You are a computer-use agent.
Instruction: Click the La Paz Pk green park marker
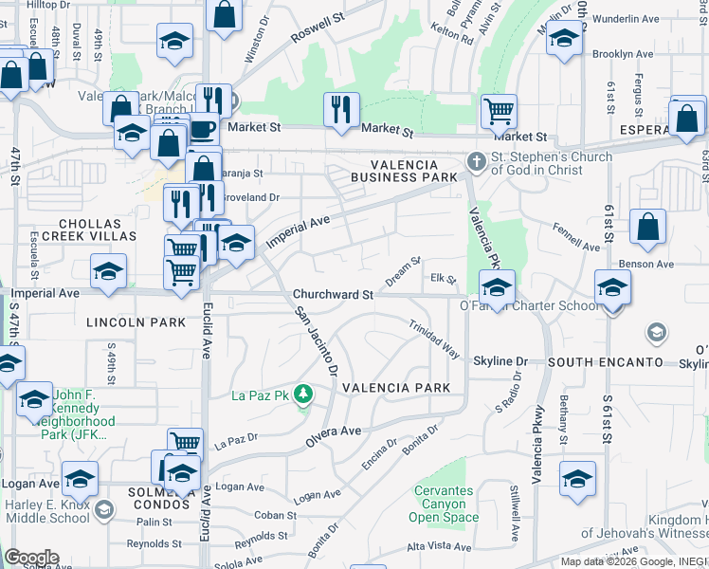303,393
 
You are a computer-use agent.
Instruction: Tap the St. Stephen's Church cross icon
476,164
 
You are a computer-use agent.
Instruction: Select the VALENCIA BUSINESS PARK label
404,169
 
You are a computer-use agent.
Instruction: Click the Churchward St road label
333,295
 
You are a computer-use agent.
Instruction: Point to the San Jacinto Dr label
316,340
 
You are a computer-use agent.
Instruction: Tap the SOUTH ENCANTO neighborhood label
605,362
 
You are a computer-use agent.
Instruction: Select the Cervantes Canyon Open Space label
445,504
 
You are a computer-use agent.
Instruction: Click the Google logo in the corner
30,558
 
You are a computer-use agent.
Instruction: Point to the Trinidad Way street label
435,339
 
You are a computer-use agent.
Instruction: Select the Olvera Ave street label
333,437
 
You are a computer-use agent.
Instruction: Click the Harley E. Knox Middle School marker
103,510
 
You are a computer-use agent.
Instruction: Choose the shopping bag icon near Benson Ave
647,227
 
